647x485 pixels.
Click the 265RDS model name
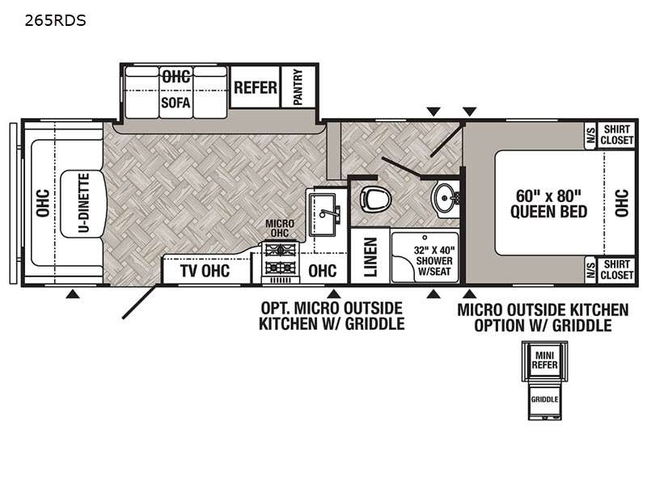[55, 20]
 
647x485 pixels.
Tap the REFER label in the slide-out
[256, 87]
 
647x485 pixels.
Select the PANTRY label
[298, 86]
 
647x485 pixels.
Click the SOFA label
[175, 102]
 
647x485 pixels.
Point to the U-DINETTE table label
[84, 203]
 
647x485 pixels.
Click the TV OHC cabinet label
[205, 271]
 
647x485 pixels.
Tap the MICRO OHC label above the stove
[280, 228]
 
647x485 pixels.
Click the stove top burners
[281, 259]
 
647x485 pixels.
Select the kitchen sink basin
[323, 214]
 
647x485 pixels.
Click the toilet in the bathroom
[375, 199]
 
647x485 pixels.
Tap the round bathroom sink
[445, 199]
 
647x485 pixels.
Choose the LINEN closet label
[370, 257]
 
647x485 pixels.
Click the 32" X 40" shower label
[434, 260]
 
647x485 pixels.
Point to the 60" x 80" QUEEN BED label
[548, 204]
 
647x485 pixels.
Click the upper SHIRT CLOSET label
[616, 135]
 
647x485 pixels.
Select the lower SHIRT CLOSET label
[616, 269]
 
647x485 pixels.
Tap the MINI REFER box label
[544, 360]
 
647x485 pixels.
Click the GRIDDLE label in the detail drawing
[544, 399]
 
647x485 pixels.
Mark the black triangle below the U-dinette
[73, 293]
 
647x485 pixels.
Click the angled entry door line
[139, 302]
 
